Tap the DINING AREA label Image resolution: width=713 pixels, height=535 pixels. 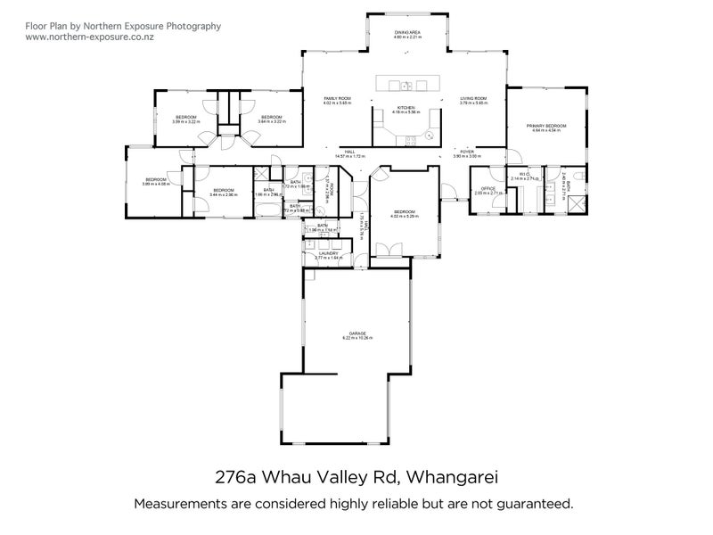pyautogui.click(x=407, y=32)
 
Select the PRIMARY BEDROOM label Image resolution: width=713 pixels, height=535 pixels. pyautogui.click(x=545, y=127)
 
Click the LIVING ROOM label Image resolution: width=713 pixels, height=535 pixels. pyautogui.click(x=473, y=98)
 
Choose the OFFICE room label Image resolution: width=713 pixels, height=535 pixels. pyautogui.click(x=488, y=188)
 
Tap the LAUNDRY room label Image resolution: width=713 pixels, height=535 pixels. pyautogui.click(x=330, y=253)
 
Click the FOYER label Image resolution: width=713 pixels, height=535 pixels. pyautogui.click(x=467, y=152)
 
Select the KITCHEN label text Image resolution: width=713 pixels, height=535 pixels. pyautogui.click(x=406, y=107)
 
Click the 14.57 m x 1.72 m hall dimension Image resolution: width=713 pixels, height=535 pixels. pyautogui.click(x=349, y=156)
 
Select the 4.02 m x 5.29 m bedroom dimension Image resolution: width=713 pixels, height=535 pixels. pyautogui.click(x=406, y=216)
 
